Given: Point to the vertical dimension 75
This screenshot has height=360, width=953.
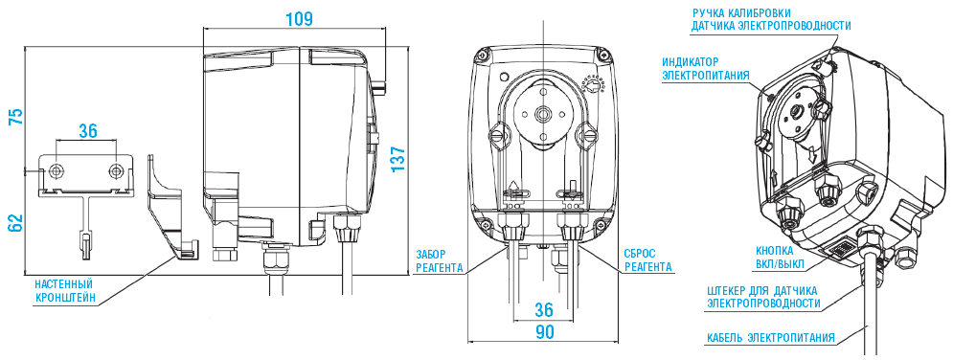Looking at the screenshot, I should click(x=14, y=117).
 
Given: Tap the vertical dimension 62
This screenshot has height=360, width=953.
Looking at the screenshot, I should click(x=14, y=221).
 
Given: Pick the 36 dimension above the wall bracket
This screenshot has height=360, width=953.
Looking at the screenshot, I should click(x=87, y=131).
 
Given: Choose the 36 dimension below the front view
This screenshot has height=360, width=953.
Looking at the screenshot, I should click(x=544, y=310).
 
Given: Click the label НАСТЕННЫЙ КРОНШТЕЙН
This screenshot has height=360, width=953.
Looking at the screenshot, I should click(x=64, y=291).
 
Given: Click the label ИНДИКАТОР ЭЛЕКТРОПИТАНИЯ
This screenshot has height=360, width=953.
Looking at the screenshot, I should click(x=706, y=68).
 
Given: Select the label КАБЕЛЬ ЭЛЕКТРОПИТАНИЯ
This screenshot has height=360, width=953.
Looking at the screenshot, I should click(x=771, y=337).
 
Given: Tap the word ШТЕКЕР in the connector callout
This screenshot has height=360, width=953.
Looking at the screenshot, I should click(x=730, y=289).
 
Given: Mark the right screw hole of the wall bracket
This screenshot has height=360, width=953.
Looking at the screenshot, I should click(x=116, y=170).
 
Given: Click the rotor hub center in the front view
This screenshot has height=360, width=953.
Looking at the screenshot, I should click(x=544, y=112).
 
